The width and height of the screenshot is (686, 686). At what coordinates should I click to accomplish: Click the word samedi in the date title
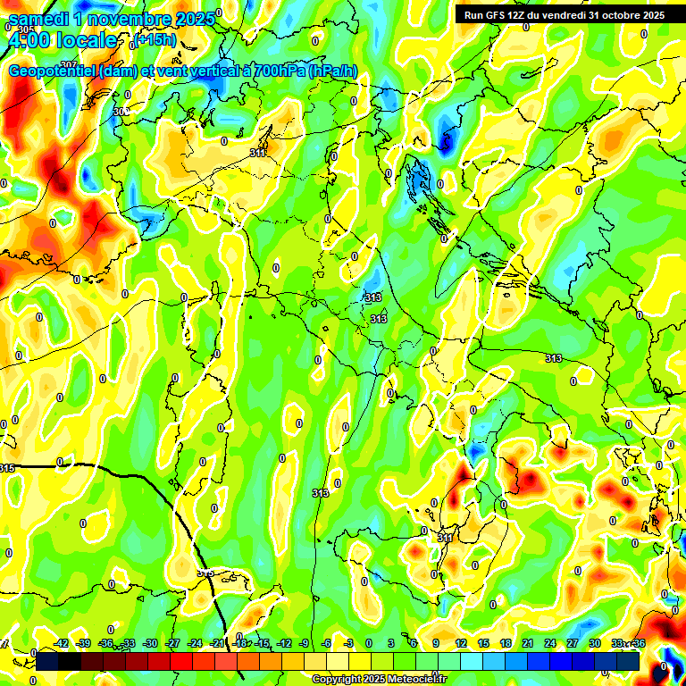40,19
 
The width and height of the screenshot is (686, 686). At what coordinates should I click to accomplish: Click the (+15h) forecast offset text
155,39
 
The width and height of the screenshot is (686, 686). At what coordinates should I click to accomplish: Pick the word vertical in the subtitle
211,71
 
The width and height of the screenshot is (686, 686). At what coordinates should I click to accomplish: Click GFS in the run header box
496,15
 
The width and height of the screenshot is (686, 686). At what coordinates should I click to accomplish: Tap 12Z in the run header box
521,15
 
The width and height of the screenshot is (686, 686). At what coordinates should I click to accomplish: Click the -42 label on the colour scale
62,643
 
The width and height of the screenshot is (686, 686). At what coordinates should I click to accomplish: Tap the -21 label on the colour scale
217,643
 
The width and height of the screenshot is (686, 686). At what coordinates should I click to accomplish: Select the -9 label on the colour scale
305,643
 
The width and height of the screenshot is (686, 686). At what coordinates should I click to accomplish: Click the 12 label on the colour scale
461,643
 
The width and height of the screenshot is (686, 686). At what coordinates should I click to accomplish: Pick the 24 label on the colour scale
549,643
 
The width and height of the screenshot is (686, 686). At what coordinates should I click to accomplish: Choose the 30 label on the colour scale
594,643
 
